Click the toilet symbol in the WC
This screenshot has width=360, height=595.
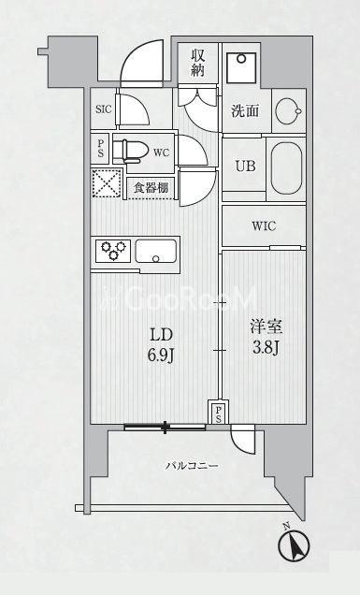(x=135, y=152)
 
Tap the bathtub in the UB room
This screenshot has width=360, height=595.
(x=286, y=168)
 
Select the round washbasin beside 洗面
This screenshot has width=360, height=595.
(x=288, y=111)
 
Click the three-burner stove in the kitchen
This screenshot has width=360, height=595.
(x=112, y=251)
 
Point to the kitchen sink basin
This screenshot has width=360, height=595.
(x=156, y=251)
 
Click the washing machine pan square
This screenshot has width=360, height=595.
(x=241, y=67)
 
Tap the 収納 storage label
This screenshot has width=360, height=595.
(x=197, y=63)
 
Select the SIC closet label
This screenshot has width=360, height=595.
(x=104, y=109)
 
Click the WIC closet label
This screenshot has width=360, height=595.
(x=264, y=226)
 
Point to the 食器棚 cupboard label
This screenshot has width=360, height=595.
(x=151, y=188)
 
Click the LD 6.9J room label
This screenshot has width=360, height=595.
(x=161, y=345)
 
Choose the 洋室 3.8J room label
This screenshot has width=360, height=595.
(x=266, y=338)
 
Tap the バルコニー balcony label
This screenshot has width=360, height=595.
(x=192, y=465)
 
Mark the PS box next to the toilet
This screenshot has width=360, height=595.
(x=101, y=149)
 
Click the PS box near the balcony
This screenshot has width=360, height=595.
(x=219, y=412)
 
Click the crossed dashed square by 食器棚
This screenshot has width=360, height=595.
(x=107, y=183)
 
